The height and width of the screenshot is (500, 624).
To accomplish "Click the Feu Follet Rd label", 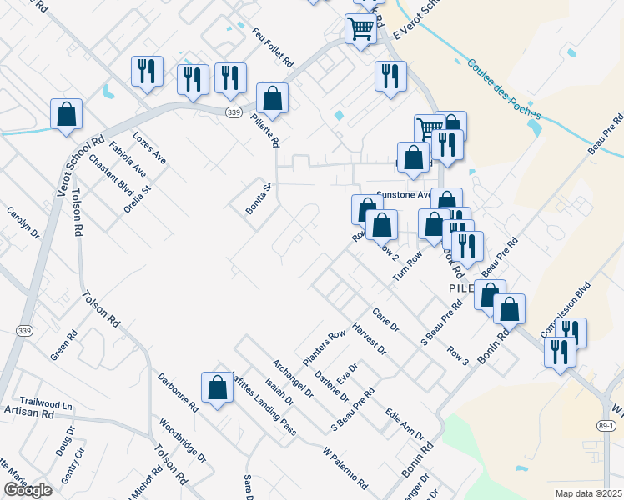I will click(272, 46).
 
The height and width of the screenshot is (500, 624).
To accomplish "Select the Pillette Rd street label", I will click(263, 129).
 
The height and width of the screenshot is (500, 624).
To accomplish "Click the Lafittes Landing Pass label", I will click(263, 403).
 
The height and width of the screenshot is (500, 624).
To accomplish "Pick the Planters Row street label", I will click(324, 347).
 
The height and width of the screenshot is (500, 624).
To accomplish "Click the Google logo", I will click(28, 490).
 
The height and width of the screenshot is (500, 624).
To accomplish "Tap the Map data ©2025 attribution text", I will click(588, 493).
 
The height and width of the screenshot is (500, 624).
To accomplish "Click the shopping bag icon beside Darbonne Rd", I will click(217, 387).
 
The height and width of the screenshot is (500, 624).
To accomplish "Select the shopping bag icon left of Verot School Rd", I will click(66, 114).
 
